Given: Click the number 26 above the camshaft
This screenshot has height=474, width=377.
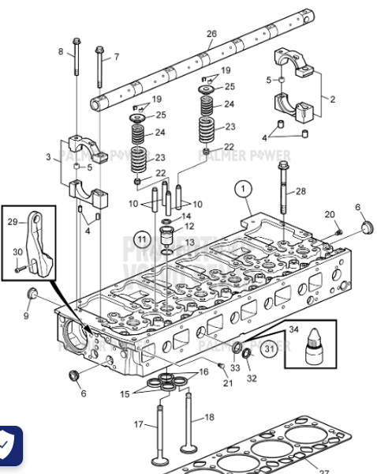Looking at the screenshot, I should [211, 33].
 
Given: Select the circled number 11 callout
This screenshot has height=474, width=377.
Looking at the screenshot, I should [141, 237].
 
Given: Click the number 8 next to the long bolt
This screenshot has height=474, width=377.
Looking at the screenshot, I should [117, 57].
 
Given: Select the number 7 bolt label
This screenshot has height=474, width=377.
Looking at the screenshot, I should [60, 52].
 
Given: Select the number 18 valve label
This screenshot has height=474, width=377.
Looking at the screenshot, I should [209, 417].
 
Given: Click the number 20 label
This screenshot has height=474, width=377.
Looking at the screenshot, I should [330, 215].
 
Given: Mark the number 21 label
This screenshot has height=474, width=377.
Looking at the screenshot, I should [228, 383].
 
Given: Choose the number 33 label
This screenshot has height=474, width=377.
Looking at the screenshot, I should [236, 367].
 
